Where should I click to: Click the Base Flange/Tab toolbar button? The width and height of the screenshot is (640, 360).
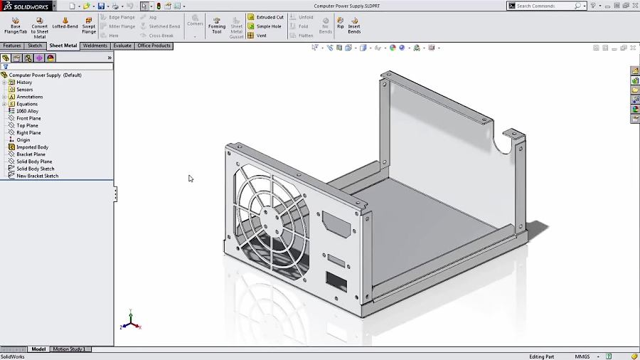pyautogui.click(x=15, y=25)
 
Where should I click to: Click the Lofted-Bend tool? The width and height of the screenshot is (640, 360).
pyautogui.click(x=65, y=24)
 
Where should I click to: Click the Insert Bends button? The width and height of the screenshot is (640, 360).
pyautogui.click(x=354, y=25)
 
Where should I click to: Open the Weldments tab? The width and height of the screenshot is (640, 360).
pyautogui.click(x=95, y=46)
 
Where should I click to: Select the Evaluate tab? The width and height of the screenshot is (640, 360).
pyautogui.click(x=122, y=46)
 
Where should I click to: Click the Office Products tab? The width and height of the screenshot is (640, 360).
pyautogui.click(x=154, y=46)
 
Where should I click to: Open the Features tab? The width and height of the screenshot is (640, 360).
pyautogui.click(x=12, y=46)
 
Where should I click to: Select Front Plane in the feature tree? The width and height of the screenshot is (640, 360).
pyautogui.click(x=28, y=118)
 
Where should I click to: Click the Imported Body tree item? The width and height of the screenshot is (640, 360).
pyautogui.click(x=32, y=147)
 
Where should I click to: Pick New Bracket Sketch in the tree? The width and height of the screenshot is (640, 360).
pyautogui.click(x=37, y=176)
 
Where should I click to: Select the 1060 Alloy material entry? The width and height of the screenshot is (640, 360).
pyautogui.click(x=27, y=111)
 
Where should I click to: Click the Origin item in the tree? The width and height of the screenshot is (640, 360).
pyautogui.click(x=23, y=140)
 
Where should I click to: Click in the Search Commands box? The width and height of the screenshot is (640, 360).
pyautogui.click(x=544, y=6)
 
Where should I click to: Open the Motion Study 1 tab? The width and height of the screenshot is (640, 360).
pyautogui.click(x=69, y=349)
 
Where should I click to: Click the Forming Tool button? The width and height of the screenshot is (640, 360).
pyautogui.click(x=217, y=25)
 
